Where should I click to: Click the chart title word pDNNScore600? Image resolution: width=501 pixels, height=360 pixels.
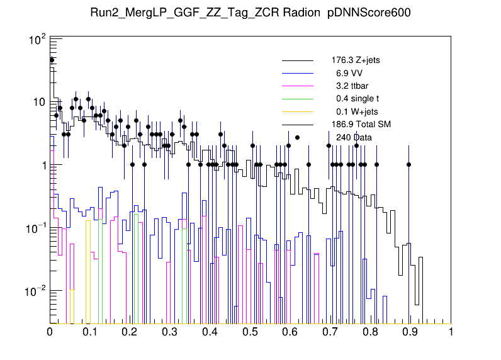[x=369, y=14]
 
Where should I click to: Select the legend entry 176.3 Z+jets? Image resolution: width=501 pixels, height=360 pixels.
[x=356, y=60]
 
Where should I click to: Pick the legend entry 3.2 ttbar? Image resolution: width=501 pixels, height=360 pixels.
[x=355, y=86]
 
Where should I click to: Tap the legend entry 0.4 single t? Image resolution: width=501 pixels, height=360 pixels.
[x=357, y=99]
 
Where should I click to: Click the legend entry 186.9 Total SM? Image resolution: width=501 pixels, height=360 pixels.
[x=361, y=124]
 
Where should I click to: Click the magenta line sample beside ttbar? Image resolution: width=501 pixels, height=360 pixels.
[x=297, y=86]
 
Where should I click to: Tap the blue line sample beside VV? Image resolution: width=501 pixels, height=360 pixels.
[x=297, y=73]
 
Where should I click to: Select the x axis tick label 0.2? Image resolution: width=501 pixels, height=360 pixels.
[x=130, y=334]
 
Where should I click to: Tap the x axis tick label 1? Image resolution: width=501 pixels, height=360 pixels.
[x=451, y=334]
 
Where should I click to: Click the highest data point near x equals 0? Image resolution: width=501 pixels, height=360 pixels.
[x=52, y=60]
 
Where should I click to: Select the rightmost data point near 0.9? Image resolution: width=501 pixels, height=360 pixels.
[x=408, y=165]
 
